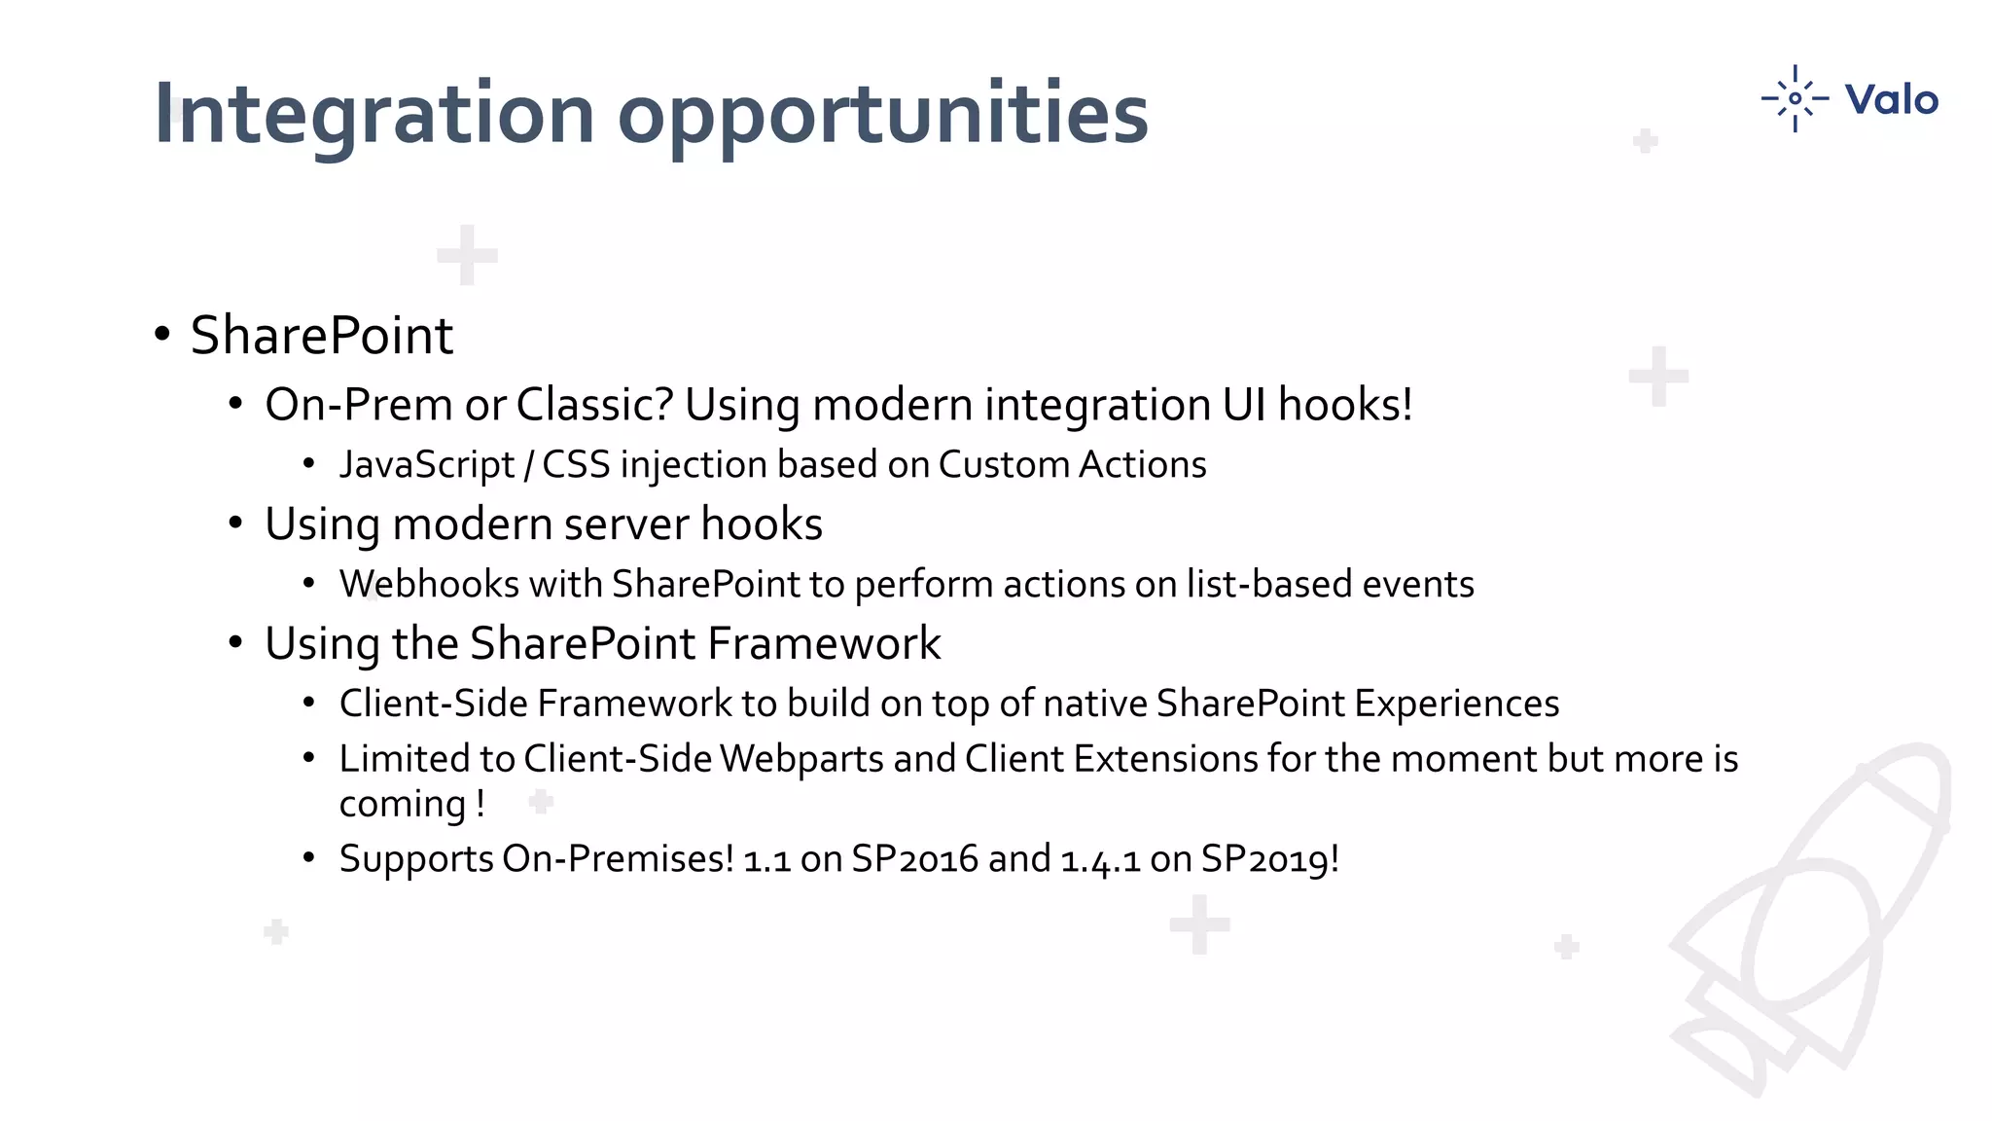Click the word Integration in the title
pyautogui.click(x=373, y=115)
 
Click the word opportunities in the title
pyautogui.click(x=882, y=115)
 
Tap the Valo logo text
pyautogui.click(x=1891, y=99)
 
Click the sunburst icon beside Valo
pyautogui.click(x=1795, y=98)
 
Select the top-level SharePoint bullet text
pyautogui.click(x=321, y=336)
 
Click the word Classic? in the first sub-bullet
pyautogui.click(x=594, y=405)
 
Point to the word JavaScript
pyautogui.click(x=426, y=465)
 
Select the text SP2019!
pyautogui.click(x=1269, y=859)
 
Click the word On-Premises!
pyautogui.click(x=618, y=859)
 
